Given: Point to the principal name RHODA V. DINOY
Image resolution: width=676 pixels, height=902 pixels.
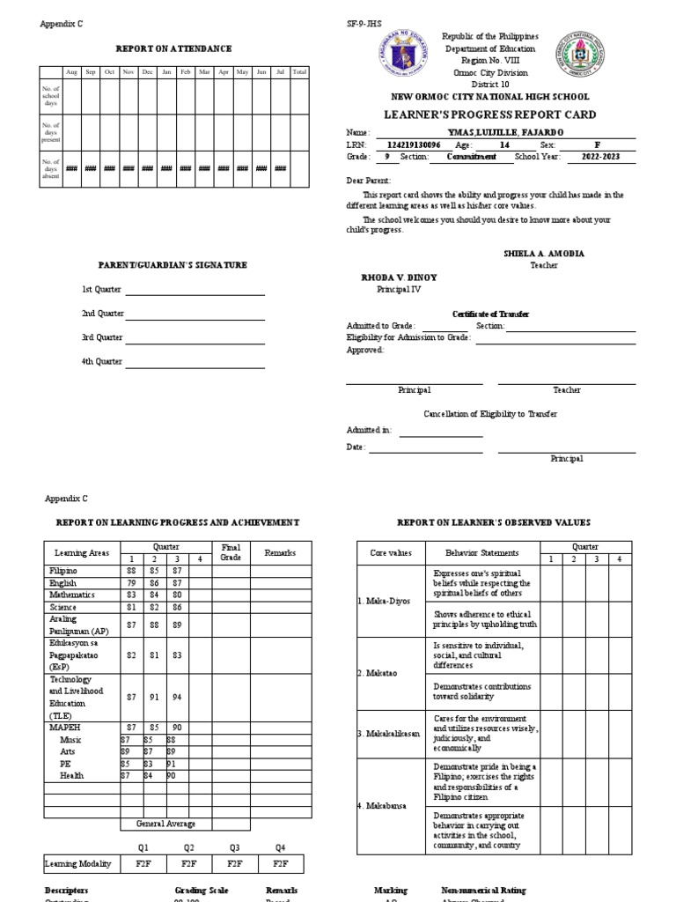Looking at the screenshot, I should point(399,277).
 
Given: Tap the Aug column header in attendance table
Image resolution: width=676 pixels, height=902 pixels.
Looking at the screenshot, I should point(71,71).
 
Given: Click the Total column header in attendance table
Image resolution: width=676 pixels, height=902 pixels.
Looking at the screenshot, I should point(299,71).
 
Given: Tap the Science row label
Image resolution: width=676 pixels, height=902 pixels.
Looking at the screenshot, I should point(63,607).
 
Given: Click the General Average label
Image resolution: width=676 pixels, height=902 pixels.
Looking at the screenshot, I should point(165,824).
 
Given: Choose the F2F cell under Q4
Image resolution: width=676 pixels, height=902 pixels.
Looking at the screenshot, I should point(280,863).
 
